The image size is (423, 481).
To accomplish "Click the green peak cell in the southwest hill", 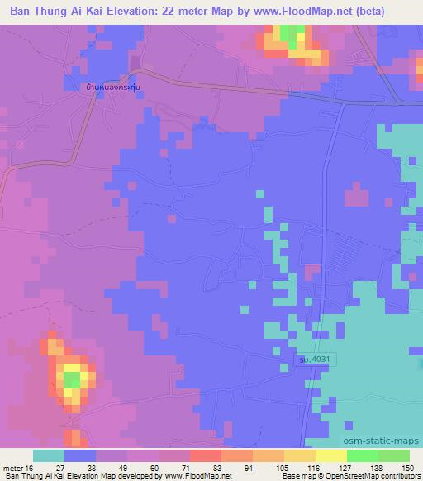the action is (73, 379).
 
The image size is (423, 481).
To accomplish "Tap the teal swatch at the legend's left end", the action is (49, 455).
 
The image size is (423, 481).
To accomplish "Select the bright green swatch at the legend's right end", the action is (394, 455).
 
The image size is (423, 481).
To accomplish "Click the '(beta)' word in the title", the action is (388, 11).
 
